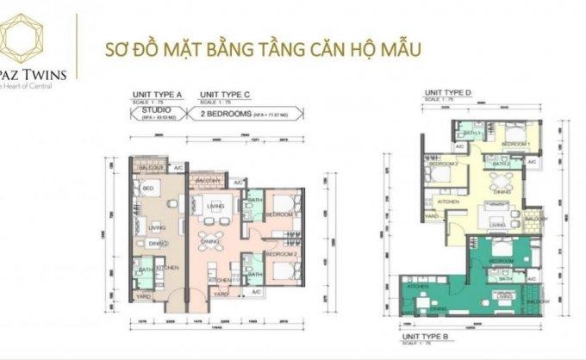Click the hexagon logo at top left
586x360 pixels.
pyautogui.click(x=27, y=40)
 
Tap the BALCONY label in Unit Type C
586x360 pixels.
pyautogui.click(x=208, y=181)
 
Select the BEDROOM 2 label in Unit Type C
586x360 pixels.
pyautogui.click(x=281, y=255)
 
